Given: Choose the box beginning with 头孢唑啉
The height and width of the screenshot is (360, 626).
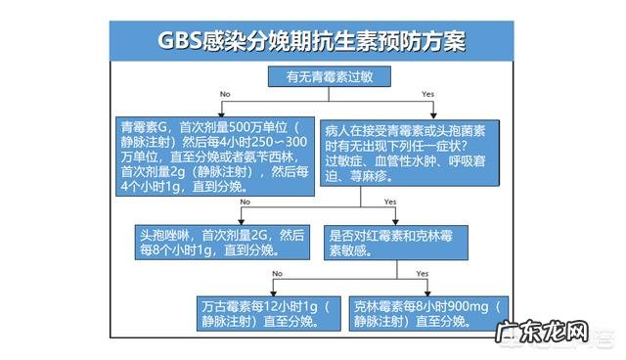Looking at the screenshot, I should [219, 242].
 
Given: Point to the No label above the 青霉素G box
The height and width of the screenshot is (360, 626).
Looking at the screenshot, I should [225, 94].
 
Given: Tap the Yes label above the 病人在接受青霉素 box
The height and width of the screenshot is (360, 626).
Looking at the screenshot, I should [427, 94].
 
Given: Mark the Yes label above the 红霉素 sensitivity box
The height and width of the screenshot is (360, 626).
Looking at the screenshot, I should [390, 202].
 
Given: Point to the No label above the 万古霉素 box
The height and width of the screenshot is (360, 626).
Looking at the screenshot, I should [277, 273].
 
